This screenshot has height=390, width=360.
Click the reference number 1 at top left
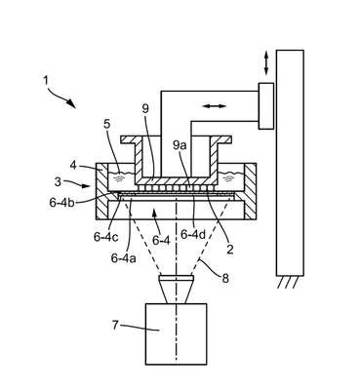click(46, 80)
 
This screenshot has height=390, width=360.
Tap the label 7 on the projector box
click(115, 325)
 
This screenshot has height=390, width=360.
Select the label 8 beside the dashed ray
click(225, 278)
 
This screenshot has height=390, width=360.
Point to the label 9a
click(179, 145)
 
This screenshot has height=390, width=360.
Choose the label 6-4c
click(105, 237)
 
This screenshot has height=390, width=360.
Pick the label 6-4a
click(124, 258)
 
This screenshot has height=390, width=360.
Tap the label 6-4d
click(193, 234)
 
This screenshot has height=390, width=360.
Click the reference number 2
click(230, 250)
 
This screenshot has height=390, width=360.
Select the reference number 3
click(58, 181)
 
